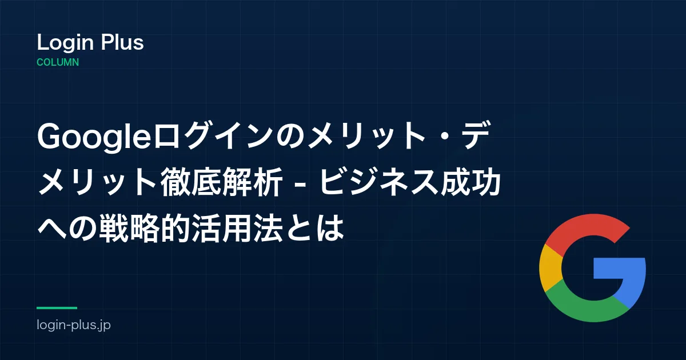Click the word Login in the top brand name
[x=65, y=43]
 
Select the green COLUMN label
[x=58, y=62]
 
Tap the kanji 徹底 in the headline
[x=190, y=182]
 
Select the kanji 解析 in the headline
[x=252, y=182]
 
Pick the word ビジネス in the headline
[x=378, y=182]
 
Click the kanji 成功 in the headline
[x=470, y=182]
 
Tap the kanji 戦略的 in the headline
[x=145, y=229]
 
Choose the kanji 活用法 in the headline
[x=237, y=229]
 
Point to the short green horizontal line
[x=57, y=308]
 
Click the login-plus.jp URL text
[x=74, y=325]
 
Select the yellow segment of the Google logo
[x=551, y=268]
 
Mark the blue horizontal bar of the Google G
[x=619, y=268]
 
